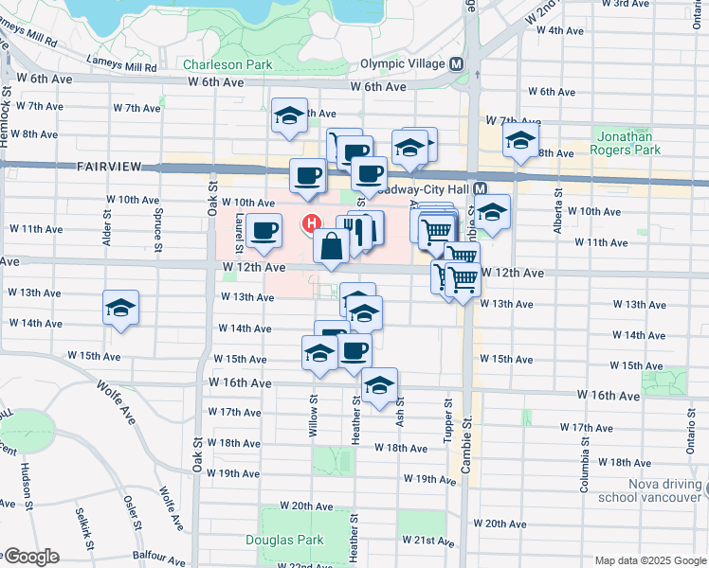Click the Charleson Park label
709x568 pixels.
(227, 65)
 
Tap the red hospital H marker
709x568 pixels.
(309, 223)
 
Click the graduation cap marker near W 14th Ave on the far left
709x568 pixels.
(120, 308)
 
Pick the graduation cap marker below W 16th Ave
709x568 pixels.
(379, 385)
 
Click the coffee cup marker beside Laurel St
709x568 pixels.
(264, 230)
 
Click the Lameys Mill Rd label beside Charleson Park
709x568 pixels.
(121, 67)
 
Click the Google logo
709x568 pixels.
(30, 557)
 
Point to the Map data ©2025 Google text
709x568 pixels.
(649, 560)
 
